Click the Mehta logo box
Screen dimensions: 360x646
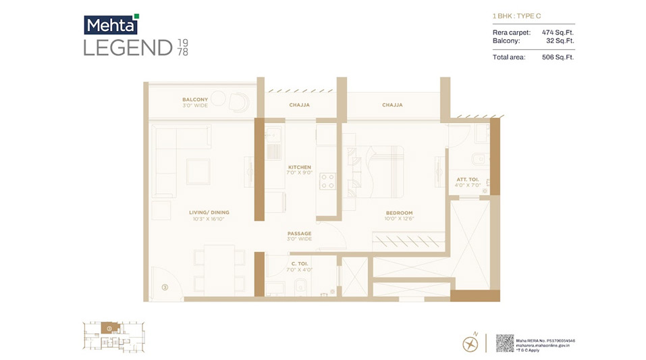pyautogui.click(x=111, y=25)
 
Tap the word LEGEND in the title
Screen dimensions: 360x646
pyautogui.click(x=128, y=48)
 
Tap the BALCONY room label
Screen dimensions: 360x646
pyautogui.click(x=195, y=99)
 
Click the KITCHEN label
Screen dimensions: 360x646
pyautogui.click(x=299, y=167)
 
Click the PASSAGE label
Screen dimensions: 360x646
pyautogui.click(x=299, y=234)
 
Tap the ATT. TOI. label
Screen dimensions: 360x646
pyautogui.click(x=467, y=178)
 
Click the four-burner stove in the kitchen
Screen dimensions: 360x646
pyautogui.click(x=327, y=180)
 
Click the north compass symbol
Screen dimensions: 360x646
pyautogui.click(x=470, y=343)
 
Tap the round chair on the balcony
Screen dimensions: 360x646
pyautogui.click(x=238, y=102)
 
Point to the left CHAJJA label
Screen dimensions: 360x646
pyautogui.click(x=299, y=105)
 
